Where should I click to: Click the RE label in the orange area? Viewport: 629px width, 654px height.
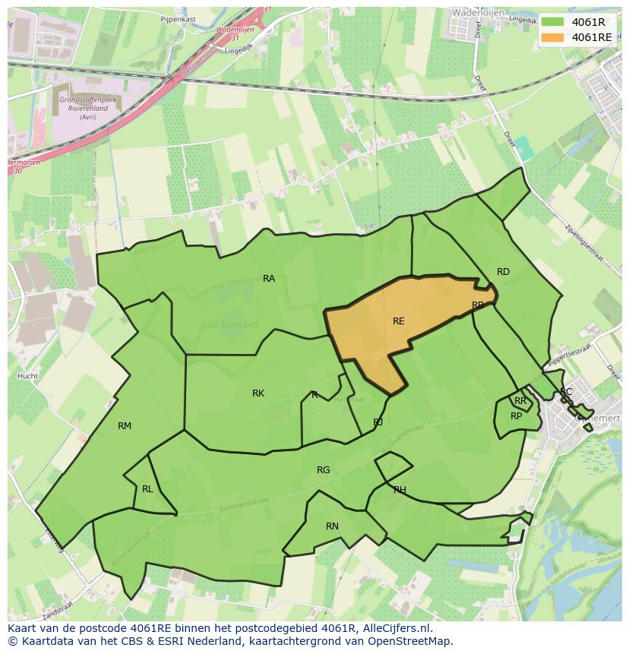(x=398, y=321)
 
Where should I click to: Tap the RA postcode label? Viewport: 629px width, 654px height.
(x=269, y=279)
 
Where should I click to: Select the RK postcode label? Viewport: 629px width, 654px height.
(x=258, y=393)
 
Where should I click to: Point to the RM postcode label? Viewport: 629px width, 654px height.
(x=125, y=426)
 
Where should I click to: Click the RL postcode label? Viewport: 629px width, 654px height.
(x=147, y=489)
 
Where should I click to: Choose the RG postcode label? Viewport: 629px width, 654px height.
(x=324, y=470)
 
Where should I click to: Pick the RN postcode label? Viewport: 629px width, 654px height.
(x=332, y=526)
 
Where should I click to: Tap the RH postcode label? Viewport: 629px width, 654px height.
(x=400, y=490)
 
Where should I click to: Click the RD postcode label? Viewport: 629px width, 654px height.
(x=503, y=272)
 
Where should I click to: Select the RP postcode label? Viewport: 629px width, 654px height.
(x=516, y=416)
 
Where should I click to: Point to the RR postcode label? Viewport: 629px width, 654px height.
(x=520, y=401)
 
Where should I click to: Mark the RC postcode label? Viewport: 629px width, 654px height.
(x=566, y=392)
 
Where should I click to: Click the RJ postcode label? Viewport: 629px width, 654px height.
(x=378, y=422)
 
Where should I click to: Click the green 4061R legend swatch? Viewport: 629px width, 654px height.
(x=552, y=22)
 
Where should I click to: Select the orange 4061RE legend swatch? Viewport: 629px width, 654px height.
(x=552, y=37)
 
